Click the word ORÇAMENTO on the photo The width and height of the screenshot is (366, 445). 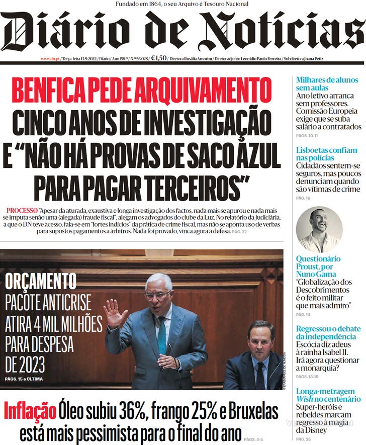tap(41, 282)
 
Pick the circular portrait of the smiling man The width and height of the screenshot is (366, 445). tap(319, 229)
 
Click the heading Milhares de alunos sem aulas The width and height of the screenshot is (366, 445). tap(327, 84)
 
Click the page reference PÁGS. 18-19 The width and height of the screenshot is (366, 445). tap(308, 377)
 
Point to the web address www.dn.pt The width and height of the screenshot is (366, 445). tap(50, 59)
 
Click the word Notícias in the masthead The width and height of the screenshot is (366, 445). tap(282, 31)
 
